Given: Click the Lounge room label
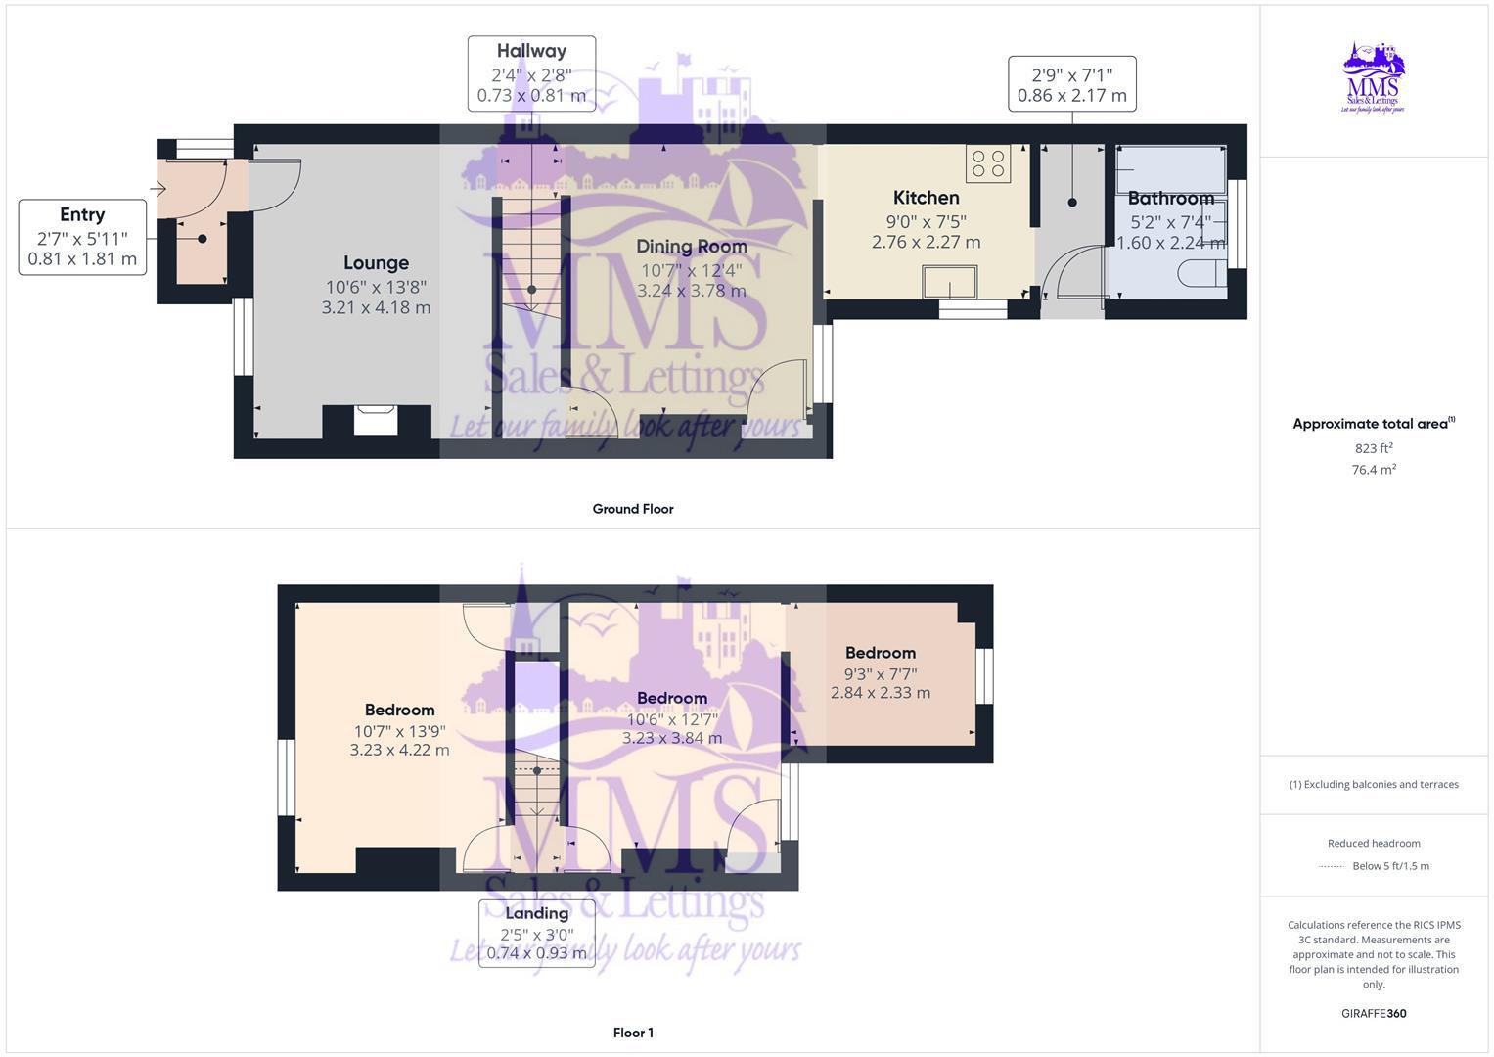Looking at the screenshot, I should click(376, 263).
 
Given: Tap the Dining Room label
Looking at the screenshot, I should click(691, 247).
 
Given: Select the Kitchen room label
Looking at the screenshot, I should click(926, 198).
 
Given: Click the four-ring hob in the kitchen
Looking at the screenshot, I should click(988, 164).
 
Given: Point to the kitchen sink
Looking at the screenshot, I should click(949, 283).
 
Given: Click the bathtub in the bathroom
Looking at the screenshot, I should click(1170, 169).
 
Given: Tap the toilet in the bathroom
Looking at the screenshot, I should click(1201, 271).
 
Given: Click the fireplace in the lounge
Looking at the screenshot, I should click(376, 420).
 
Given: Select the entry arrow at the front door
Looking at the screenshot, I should click(159, 189).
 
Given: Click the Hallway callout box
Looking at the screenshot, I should click(531, 73).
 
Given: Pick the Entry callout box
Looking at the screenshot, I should click(82, 237).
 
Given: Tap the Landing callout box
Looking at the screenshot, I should click(536, 934).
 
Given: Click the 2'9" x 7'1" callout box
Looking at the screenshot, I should click(1071, 84).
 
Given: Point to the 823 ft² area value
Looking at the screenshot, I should click(1373, 448).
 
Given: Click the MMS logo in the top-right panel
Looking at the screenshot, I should click(1373, 77).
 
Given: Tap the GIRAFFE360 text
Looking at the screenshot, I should click(1373, 1013).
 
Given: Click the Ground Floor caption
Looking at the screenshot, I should click(633, 509).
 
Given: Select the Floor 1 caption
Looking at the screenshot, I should click(633, 1033).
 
